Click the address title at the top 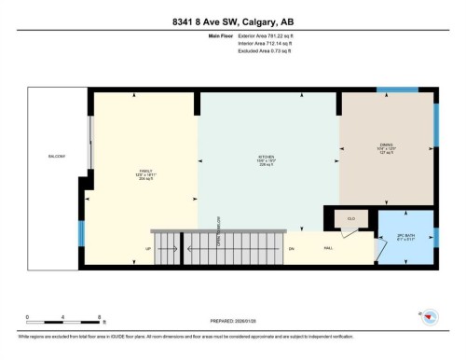pos(232,21)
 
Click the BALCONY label pos(57,156)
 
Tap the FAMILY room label pos(144,171)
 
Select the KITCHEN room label pos(267,157)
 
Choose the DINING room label pos(386,145)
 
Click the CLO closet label pos(351,218)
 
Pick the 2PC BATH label pos(404,235)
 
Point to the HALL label pos(327,249)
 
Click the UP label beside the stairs pos(148,249)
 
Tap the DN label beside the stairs pos(291,249)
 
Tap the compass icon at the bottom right pos(429,317)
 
